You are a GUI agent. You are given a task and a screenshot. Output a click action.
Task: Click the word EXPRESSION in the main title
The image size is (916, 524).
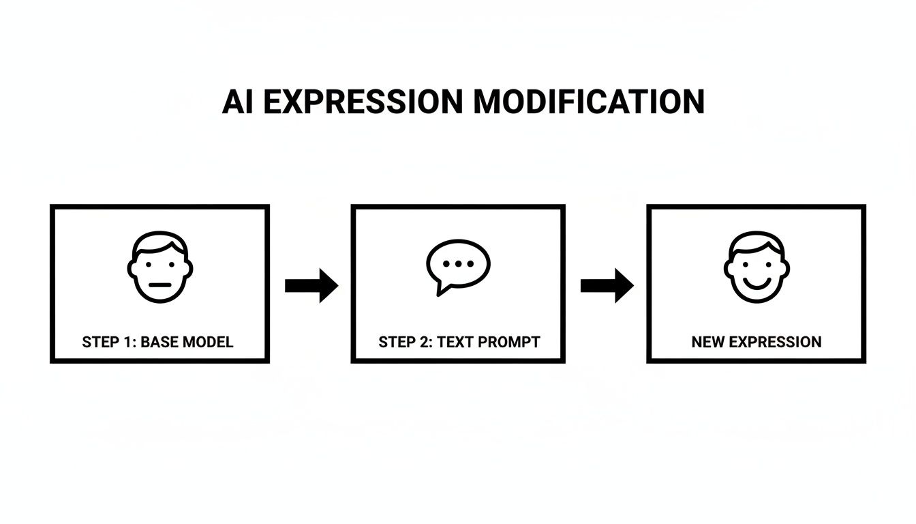tap(362, 102)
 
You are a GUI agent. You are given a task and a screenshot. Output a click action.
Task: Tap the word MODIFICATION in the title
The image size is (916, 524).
tap(589, 102)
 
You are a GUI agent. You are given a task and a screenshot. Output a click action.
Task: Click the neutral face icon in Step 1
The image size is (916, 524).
tap(160, 267)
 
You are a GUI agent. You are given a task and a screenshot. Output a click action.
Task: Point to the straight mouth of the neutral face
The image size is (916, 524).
tap(160, 285)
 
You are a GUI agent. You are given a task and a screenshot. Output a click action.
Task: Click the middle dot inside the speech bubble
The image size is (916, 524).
tap(458, 263)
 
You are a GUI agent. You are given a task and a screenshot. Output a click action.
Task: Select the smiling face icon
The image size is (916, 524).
tap(757, 267)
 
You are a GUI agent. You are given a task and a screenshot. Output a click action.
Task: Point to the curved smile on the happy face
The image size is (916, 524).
tap(757, 282)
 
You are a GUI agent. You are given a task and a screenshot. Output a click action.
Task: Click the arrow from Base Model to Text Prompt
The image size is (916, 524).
tap(311, 285)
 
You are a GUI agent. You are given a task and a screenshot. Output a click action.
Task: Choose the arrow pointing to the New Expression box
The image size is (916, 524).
tap(607, 285)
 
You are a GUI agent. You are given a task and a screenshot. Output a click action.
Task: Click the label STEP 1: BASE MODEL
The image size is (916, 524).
tap(157, 342)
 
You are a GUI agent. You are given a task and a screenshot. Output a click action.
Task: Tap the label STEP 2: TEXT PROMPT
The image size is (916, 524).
tap(459, 342)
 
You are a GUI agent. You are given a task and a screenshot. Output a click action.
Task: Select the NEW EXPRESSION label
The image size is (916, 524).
tap(757, 342)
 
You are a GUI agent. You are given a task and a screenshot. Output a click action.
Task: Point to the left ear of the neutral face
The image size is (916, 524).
tap(132, 267)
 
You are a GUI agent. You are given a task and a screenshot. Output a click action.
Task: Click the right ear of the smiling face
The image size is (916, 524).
tap(785, 267)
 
